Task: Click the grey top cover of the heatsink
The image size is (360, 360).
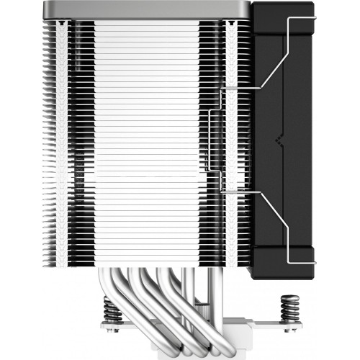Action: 144,11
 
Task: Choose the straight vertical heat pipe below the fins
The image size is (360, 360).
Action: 189,302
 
